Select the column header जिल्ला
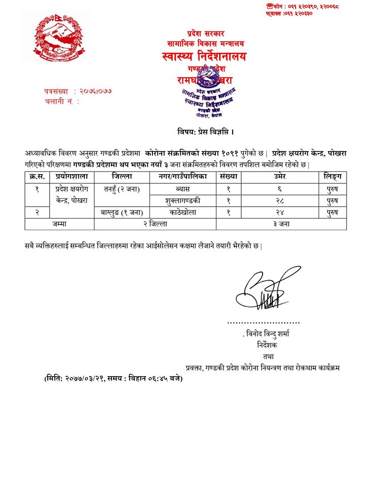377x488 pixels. pos(122,176)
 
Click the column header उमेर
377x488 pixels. pos(281,176)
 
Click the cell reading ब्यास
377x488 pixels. pos(182,189)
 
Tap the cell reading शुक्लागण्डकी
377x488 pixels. pos(182,201)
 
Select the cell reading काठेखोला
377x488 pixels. pos(182,212)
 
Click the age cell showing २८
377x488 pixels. pos(281,201)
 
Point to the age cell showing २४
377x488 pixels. pos(281,212)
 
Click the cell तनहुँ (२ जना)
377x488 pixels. pos(122,189)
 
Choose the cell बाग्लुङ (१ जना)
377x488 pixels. pos(122,212)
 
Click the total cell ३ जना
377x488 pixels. pos(281,224)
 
